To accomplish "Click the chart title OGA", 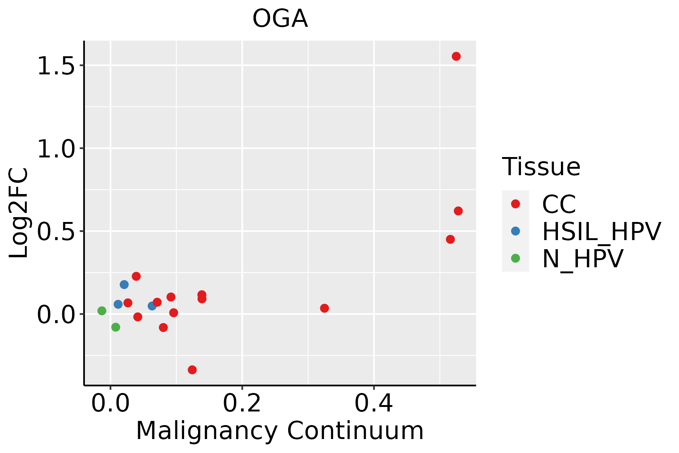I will coord(280,19).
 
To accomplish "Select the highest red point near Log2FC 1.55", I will coord(456,56).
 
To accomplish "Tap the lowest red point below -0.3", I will coord(192,370).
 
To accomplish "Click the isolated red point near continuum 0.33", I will coord(324,308).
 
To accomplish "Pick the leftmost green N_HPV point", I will coord(102,311).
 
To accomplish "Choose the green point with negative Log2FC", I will coord(116,327).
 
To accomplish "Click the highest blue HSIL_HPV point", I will coord(124,284).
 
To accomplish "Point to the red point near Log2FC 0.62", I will coord(458,211).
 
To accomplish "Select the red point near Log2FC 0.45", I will coord(450,239).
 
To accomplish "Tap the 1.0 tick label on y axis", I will coord(55,149).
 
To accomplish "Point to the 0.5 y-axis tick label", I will coord(55,231).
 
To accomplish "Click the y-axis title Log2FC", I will coord(19,213).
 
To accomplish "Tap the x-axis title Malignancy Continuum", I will coord(280,430).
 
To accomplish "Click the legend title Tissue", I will coord(541,166).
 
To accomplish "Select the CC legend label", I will coord(559,204).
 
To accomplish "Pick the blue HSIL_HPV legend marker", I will coord(515,231).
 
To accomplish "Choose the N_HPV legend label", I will coord(582,259).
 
